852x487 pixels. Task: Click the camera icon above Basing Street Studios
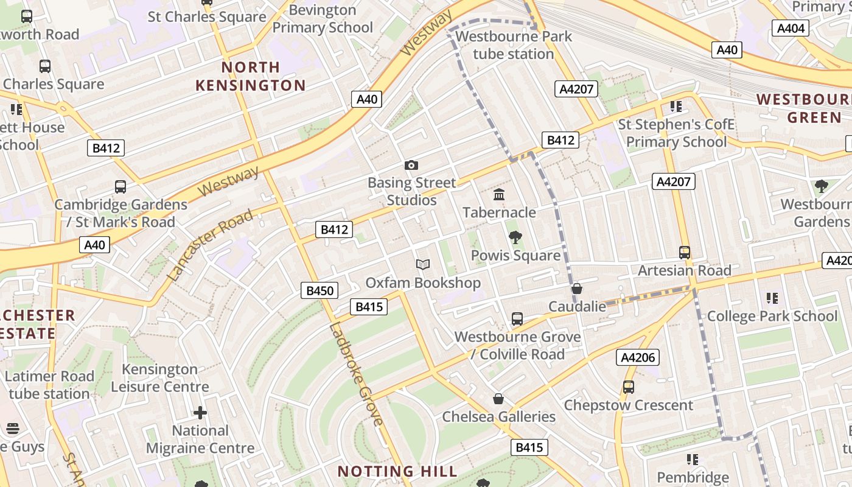411,165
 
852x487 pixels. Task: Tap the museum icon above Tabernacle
499,195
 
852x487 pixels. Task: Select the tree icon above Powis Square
515,237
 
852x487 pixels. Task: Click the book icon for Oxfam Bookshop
423,265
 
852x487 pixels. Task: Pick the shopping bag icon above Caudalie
577,289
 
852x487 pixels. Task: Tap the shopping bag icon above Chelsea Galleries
498,399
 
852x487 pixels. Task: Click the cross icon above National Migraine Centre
200,413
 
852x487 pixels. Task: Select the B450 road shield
319,290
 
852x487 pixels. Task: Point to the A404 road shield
791,28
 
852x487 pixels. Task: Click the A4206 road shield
638,357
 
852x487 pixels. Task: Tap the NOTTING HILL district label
397,471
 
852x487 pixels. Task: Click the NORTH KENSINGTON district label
251,76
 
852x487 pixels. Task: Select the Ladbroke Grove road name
357,374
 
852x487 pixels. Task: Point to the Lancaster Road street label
210,245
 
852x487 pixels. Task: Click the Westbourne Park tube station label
514,45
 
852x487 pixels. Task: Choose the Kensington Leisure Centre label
159,378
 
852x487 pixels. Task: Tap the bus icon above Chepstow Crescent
629,387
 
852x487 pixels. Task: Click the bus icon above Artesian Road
685,252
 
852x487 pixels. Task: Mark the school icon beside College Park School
772,298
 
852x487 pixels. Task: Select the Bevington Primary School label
323,19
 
